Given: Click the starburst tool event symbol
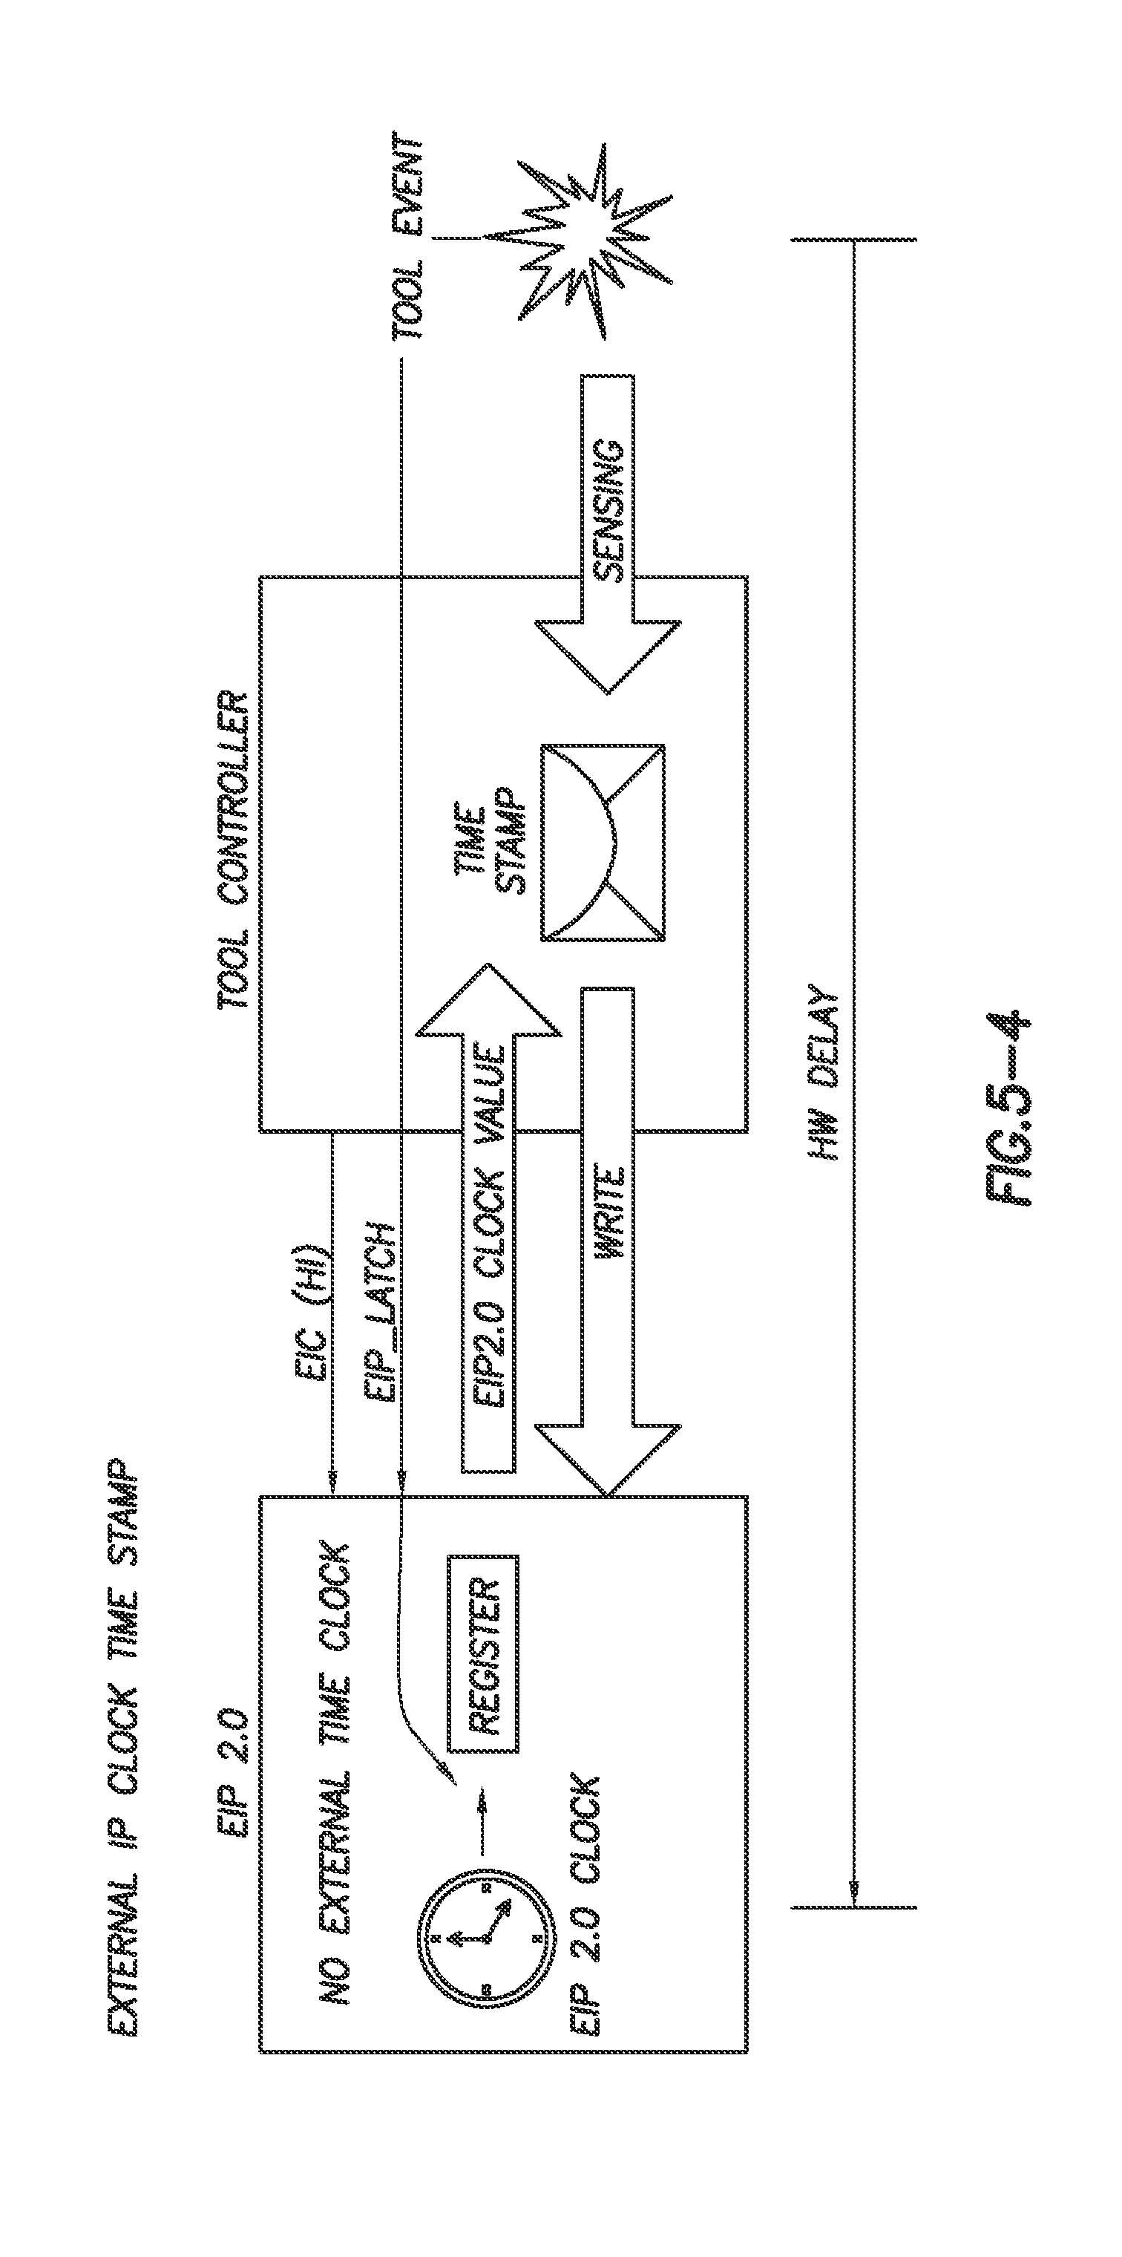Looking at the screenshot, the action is click(x=580, y=238).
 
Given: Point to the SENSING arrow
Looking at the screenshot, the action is click(x=608, y=535).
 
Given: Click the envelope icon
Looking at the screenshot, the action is click(x=603, y=843).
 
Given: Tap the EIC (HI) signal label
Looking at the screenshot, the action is click(x=312, y=1297).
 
